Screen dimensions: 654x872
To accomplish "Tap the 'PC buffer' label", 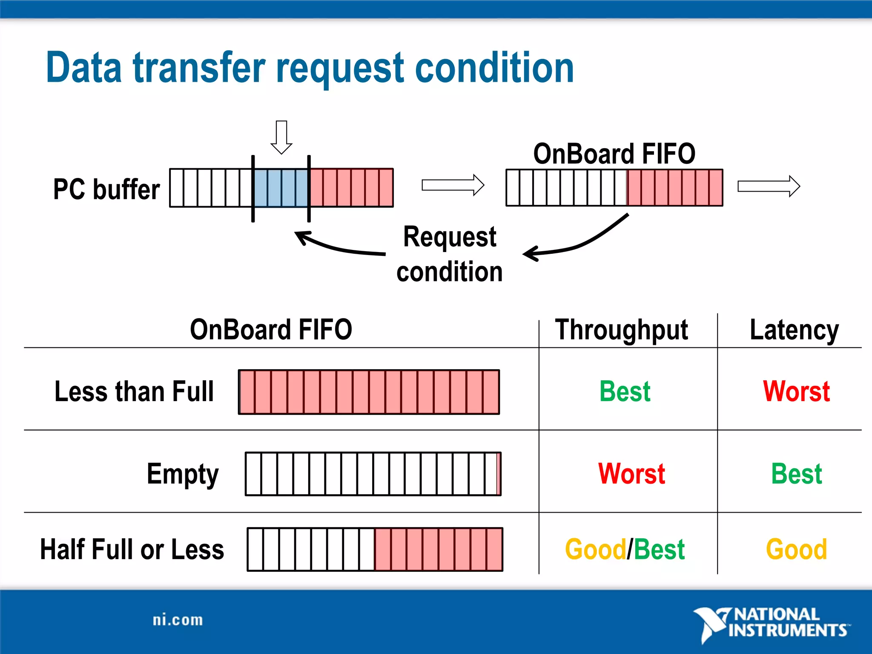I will pos(106,189).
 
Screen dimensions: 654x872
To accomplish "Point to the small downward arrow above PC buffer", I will pos(281,138).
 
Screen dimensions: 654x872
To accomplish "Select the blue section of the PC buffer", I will pos(281,188).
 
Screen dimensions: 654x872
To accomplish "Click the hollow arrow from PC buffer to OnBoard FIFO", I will pos(453,185).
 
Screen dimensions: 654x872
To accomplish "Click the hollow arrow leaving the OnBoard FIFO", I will pos(769,186).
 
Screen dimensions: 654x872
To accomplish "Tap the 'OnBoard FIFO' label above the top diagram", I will pos(614,154).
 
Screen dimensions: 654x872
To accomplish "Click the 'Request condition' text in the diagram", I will pos(450,254).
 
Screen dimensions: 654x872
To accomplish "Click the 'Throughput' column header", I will pos(621,330).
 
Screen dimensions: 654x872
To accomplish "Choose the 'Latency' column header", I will pos(794,330).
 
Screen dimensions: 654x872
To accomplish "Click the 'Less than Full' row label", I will pos(134,392).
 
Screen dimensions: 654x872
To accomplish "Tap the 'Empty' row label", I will pos(183,474).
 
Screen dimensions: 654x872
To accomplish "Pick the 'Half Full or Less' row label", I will pos(132,549).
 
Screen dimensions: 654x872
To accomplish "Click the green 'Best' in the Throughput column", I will pos(625,392).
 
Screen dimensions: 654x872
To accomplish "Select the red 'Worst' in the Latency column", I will pos(796,392).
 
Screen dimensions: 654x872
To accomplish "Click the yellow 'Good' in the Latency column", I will pos(796,549).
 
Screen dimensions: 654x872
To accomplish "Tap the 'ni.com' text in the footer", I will pos(178,620).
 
